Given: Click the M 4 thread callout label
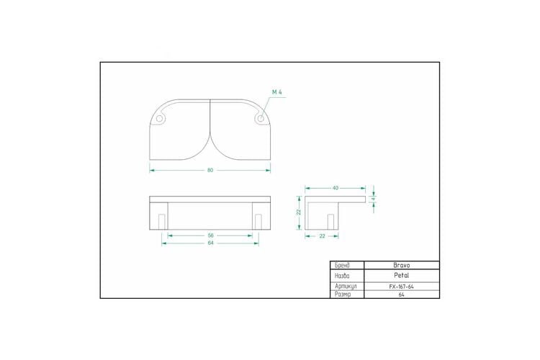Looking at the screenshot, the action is pos(277,92).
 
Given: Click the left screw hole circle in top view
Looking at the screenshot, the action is pos(159,119).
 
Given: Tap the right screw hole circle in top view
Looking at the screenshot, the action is pos(261,119).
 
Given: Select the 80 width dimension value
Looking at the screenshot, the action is pos(210,170).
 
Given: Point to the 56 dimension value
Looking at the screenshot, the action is pos(211,235).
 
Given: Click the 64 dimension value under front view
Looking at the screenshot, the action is pos(211,243).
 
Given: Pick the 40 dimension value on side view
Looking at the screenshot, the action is pos(336,188).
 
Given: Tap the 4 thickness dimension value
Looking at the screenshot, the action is pos(373,199).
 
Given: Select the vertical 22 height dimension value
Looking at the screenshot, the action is pos(299,212).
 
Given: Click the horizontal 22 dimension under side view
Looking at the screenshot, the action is pos(322,236).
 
